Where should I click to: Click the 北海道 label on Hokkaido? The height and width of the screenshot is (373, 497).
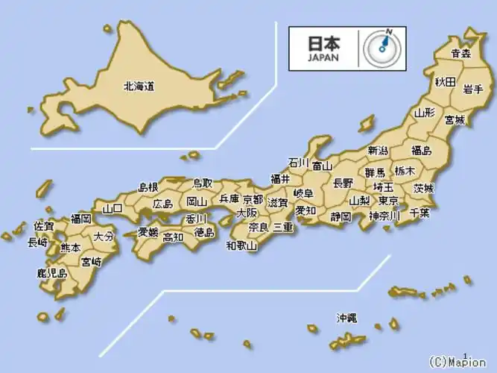coord(139,87)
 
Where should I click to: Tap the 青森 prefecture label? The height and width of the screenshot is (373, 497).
coord(461,54)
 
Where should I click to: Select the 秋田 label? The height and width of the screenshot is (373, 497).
coord(446,81)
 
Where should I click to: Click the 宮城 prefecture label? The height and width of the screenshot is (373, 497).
coord(454,119)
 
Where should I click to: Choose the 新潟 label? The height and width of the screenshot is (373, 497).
coord(378,151)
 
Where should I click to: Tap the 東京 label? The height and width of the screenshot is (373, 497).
coord(388,201)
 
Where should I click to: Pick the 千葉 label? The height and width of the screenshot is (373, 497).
coord(419,213)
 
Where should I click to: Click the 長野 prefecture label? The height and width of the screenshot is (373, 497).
coord(343,182)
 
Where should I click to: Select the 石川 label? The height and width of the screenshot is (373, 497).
coord(299,162)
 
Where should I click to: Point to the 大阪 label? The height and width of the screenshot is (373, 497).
coord(247,213)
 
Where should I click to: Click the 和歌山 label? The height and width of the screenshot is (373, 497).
coord(241,245)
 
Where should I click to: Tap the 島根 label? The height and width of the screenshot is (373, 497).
coord(148,186)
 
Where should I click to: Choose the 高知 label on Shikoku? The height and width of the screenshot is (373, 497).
coord(173,237)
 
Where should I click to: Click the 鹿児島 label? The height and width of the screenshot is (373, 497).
coord(51,273)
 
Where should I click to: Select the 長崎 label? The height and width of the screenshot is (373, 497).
coord(37,242)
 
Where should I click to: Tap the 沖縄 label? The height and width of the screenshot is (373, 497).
coord(346,318)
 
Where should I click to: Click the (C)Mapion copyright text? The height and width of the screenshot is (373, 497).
coord(458,363)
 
